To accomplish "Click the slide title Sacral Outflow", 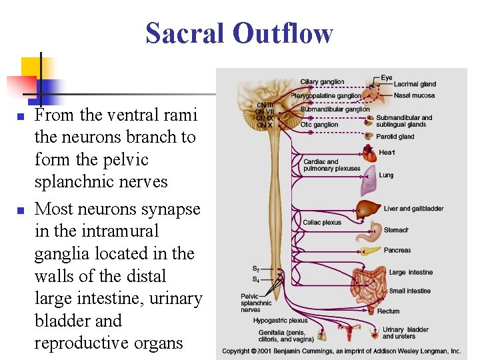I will (239, 33).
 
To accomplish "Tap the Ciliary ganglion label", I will (322, 82).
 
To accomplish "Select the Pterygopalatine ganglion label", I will (325, 96).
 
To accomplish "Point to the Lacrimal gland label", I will (415, 84).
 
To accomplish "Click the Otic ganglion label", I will (319, 125).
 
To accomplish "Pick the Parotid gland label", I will (395, 137).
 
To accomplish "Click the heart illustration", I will (369, 153).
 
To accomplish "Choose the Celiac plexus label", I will (322, 223).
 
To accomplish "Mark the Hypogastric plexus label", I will (280, 321).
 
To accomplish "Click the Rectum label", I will (389, 311).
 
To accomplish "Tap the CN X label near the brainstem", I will (265, 125).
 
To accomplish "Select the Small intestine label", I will (410, 291).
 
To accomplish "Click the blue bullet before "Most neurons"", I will (20, 210).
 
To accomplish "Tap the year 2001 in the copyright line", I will (271, 351).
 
